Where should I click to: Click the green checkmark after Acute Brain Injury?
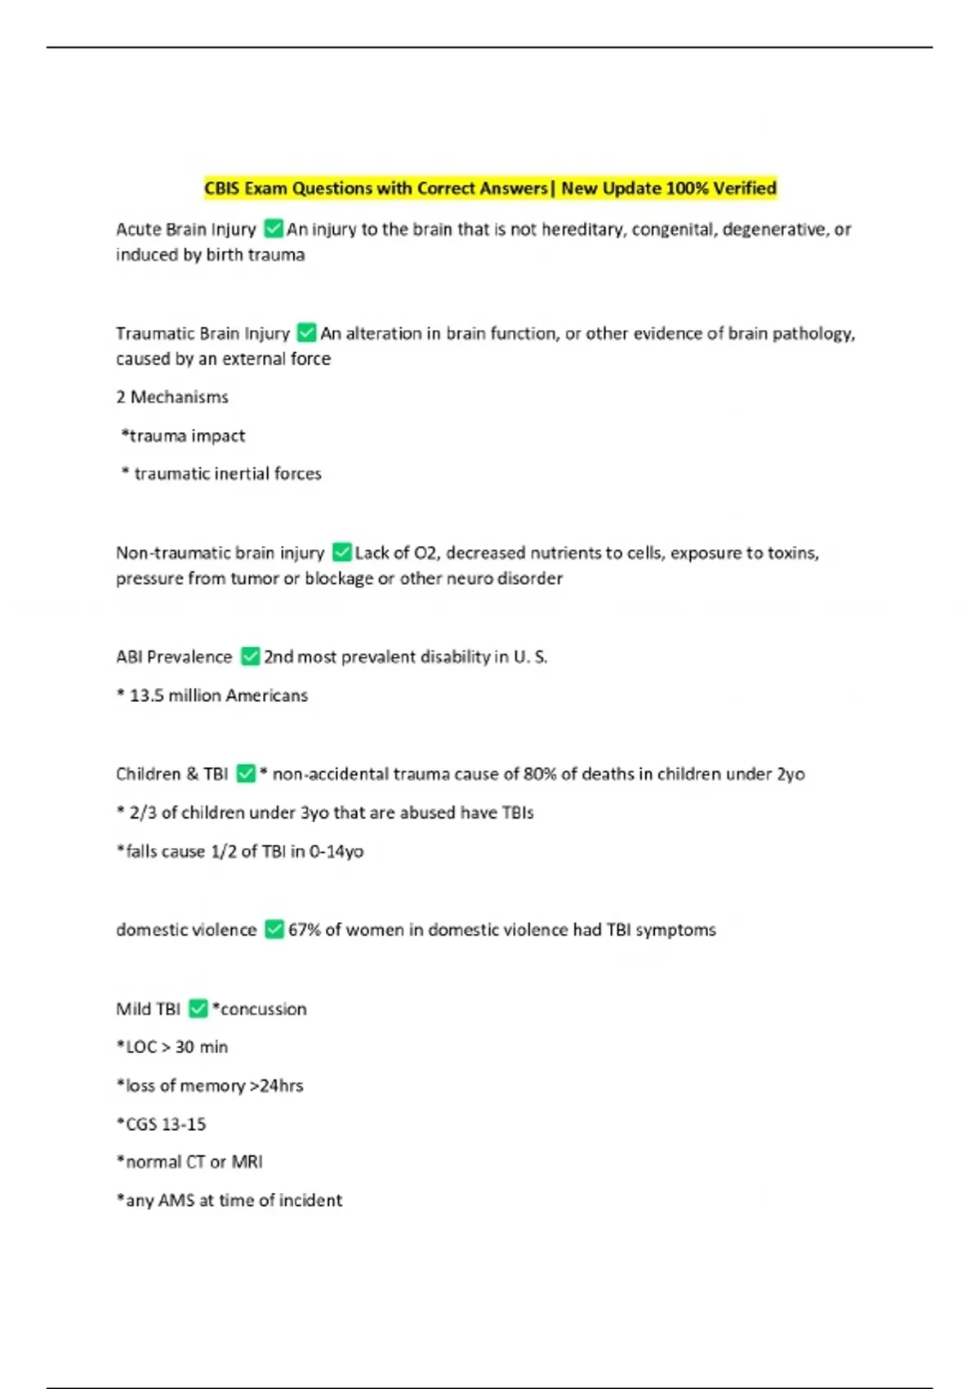pyautogui.click(x=274, y=229)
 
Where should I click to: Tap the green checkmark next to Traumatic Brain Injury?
pyautogui.click(x=307, y=333)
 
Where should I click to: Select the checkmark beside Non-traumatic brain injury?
pyautogui.click(x=342, y=552)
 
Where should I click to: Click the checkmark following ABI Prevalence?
pyautogui.click(x=251, y=656)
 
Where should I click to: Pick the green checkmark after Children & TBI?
pyautogui.click(x=246, y=773)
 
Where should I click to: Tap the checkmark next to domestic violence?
pyautogui.click(x=274, y=929)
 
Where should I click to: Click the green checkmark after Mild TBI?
pyautogui.click(x=198, y=1008)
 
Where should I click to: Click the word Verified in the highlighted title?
pyautogui.click(x=744, y=189)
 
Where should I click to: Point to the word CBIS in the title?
pyautogui.click(x=222, y=189)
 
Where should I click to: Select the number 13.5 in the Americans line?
pyautogui.click(x=146, y=695)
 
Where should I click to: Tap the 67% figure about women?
pyautogui.click(x=304, y=930)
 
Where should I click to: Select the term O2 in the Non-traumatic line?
pyautogui.click(x=425, y=553)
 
